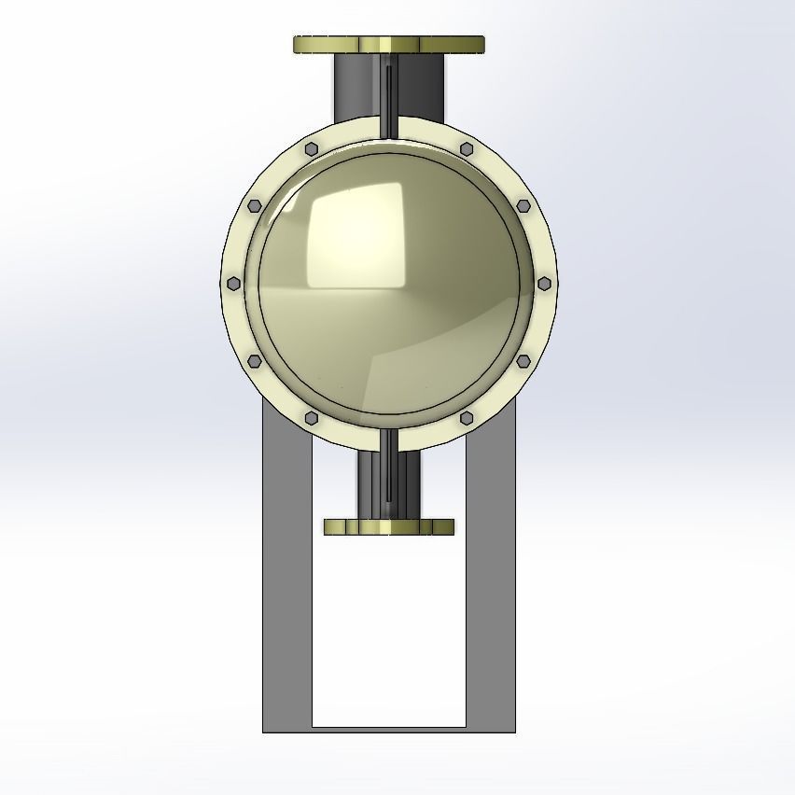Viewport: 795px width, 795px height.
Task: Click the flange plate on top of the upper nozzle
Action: [389, 45]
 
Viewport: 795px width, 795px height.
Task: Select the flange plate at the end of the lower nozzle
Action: [389, 527]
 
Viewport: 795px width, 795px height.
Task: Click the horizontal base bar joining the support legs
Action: [389, 729]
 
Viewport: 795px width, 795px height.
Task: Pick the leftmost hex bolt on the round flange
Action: [232, 284]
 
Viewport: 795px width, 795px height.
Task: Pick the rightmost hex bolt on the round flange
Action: [545, 284]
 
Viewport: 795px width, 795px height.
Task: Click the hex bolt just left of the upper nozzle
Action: [312, 149]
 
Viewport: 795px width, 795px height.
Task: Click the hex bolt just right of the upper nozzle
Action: [467, 149]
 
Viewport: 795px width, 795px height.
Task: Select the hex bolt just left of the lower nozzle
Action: [312, 418]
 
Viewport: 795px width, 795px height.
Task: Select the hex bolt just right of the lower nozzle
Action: [467, 418]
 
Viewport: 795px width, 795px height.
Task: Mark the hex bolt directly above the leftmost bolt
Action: [254, 206]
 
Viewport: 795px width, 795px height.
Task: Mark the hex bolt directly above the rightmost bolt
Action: [523, 206]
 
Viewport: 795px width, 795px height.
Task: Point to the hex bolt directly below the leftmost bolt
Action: [254, 361]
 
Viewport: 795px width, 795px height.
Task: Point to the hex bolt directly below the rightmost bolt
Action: [523, 361]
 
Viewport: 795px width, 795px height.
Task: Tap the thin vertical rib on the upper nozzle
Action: [386, 89]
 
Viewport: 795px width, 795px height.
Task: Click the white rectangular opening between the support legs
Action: [389, 635]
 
